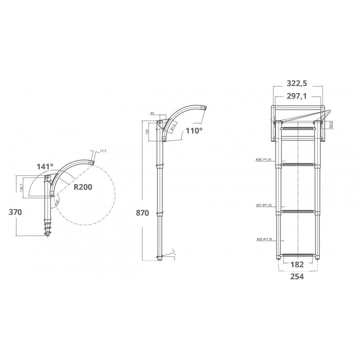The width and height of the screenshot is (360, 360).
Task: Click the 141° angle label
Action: pos(45,166)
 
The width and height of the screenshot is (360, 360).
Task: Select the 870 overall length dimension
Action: pos(142,213)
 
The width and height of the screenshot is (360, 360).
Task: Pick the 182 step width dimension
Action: pos(296,264)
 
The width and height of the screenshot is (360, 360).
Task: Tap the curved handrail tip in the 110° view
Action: pos(203,108)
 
